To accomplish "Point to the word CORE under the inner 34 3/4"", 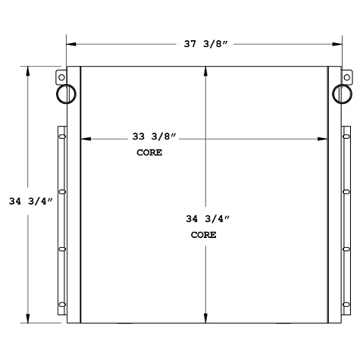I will pyautogui.click(x=203, y=235).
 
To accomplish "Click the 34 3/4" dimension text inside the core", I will pyautogui.click(x=206, y=219).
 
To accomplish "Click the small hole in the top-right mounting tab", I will pyautogui.click(x=347, y=77).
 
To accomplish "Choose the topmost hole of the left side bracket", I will pyautogui.click(x=63, y=137).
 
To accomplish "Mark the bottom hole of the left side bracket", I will pyautogui.click(x=63, y=305).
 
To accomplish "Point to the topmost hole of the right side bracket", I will pyautogui.click(x=346, y=137).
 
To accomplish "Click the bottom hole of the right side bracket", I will pyautogui.click(x=346, y=305).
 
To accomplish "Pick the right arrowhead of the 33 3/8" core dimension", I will pyautogui.click(x=324, y=139).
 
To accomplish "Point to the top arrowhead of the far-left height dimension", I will pyautogui.click(x=29, y=70).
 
